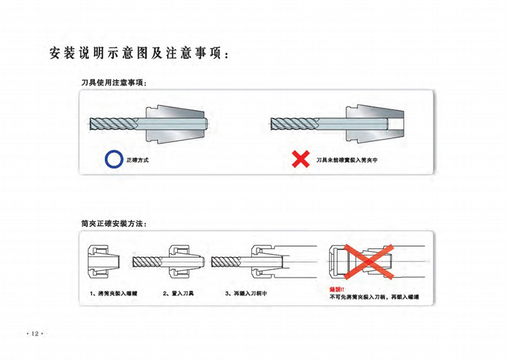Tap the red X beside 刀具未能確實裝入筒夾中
(300, 159)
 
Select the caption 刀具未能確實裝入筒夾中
(346, 159)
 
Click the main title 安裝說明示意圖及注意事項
(139, 53)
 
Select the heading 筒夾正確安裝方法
(113, 223)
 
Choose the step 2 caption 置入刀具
(178, 294)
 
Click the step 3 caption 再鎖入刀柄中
(246, 294)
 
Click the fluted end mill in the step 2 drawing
(150, 261)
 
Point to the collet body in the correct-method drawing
(174, 123)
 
